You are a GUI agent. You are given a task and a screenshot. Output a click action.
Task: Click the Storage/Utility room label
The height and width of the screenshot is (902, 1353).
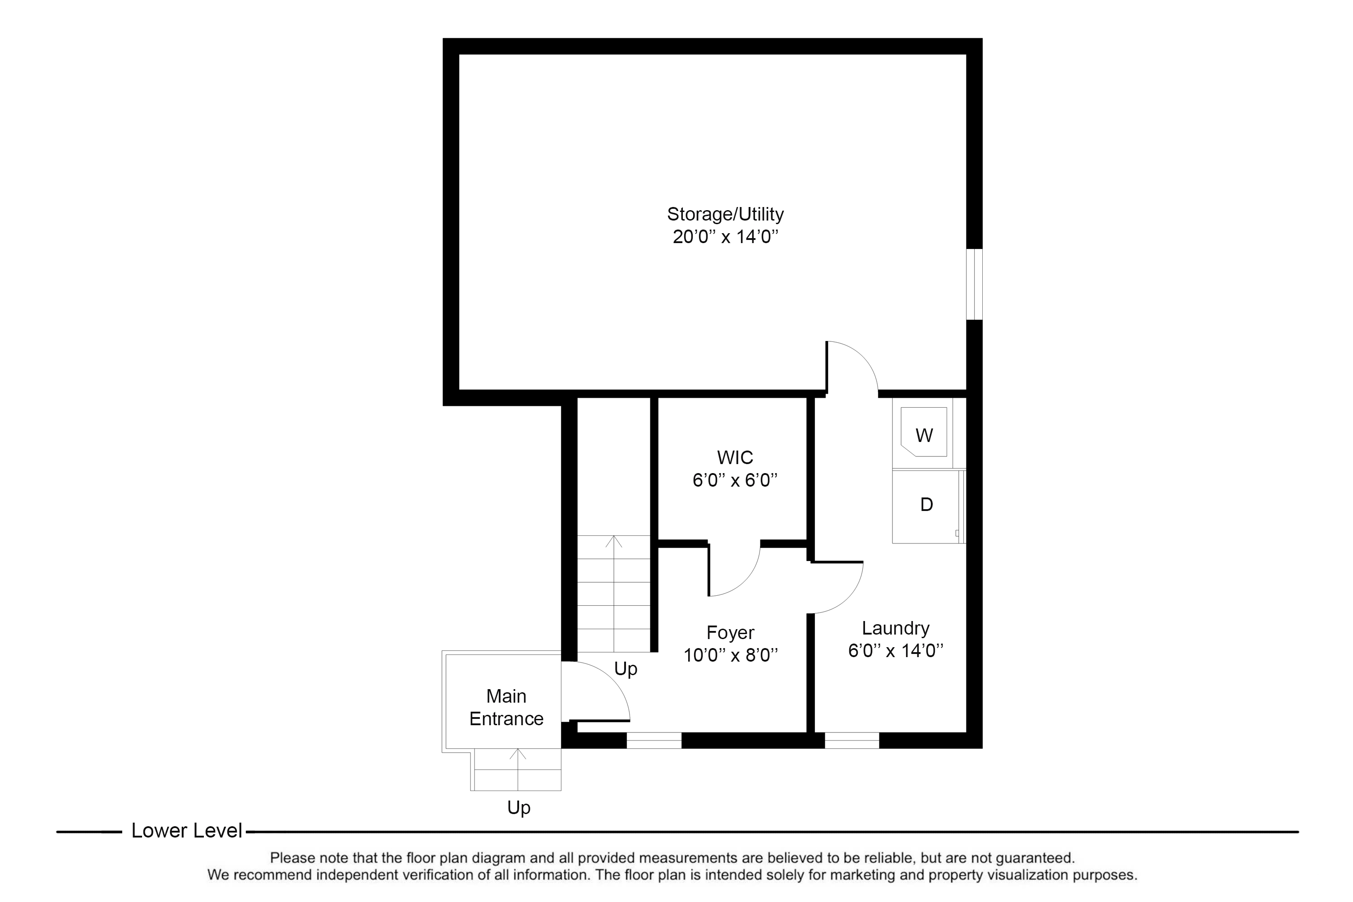(x=725, y=214)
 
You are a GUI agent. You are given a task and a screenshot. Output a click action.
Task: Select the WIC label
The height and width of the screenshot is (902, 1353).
(x=735, y=457)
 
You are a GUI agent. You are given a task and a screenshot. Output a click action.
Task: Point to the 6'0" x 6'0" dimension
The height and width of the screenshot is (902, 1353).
(x=735, y=480)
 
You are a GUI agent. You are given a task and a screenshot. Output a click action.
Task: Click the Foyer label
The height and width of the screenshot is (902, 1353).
(x=730, y=632)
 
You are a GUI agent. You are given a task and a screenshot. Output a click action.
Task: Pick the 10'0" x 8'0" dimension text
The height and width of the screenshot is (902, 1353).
(x=730, y=655)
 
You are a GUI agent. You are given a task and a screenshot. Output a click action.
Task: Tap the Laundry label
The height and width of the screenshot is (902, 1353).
(x=895, y=628)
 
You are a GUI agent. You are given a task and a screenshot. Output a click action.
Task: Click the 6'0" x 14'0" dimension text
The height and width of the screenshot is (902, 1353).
(x=895, y=651)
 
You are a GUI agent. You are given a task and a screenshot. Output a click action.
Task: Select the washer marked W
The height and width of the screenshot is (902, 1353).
(x=923, y=433)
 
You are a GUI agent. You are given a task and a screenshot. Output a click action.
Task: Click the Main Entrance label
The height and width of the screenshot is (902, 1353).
(x=506, y=707)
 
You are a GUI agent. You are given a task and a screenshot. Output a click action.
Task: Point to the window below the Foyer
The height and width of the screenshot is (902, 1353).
(x=653, y=741)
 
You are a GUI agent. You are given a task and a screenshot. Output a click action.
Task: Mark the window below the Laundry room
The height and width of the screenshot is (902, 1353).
(x=852, y=741)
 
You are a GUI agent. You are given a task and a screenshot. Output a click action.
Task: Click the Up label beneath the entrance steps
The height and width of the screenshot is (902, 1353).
(x=518, y=808)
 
